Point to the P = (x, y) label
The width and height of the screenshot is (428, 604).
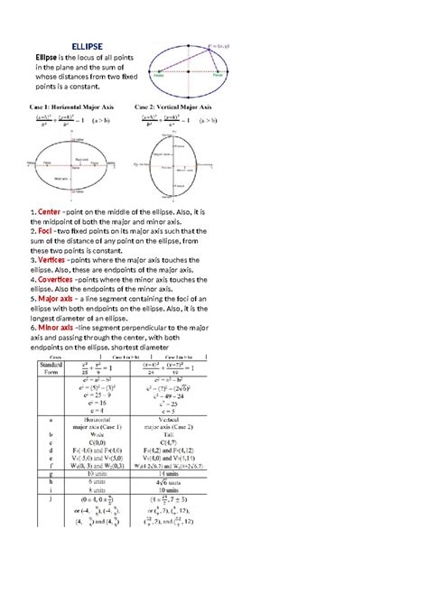pos(219,43)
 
